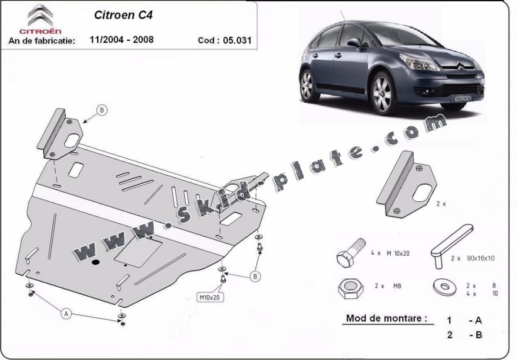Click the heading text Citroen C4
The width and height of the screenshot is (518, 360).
(123, 15)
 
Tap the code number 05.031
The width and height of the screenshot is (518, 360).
(237, 40)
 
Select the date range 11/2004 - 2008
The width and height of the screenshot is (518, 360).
(121, 40)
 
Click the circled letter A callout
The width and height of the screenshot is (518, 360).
(67, 313)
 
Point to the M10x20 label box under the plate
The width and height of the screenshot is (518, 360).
(210, 297)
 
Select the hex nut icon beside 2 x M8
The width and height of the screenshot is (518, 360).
(351, 289)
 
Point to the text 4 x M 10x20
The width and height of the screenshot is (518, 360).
(390, 253)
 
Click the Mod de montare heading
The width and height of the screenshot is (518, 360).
(386, 318)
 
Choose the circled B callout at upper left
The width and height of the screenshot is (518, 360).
(102, 110)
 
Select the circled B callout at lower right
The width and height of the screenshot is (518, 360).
(255, 276)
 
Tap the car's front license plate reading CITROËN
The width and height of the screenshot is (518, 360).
(463, 98)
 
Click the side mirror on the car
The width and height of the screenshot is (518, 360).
(354, 42)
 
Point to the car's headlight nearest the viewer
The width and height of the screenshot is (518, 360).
(419, 62)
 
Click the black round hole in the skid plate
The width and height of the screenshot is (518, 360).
(96, 262)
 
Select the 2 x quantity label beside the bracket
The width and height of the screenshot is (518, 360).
(441, 204)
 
